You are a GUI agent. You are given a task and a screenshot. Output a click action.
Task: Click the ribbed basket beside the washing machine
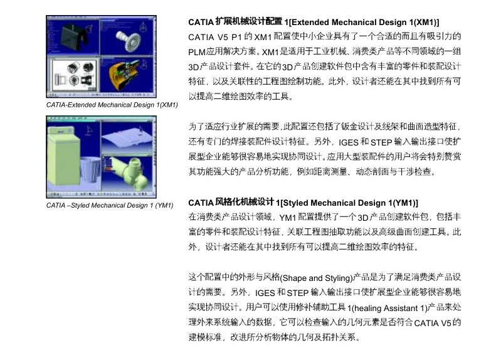(90, 169)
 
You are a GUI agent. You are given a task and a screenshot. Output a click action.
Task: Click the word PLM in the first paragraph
(197, 52)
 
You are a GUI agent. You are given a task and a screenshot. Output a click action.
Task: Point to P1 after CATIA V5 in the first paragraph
(236, 38)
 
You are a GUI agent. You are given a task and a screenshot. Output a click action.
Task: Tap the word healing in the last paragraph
(366, 308)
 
